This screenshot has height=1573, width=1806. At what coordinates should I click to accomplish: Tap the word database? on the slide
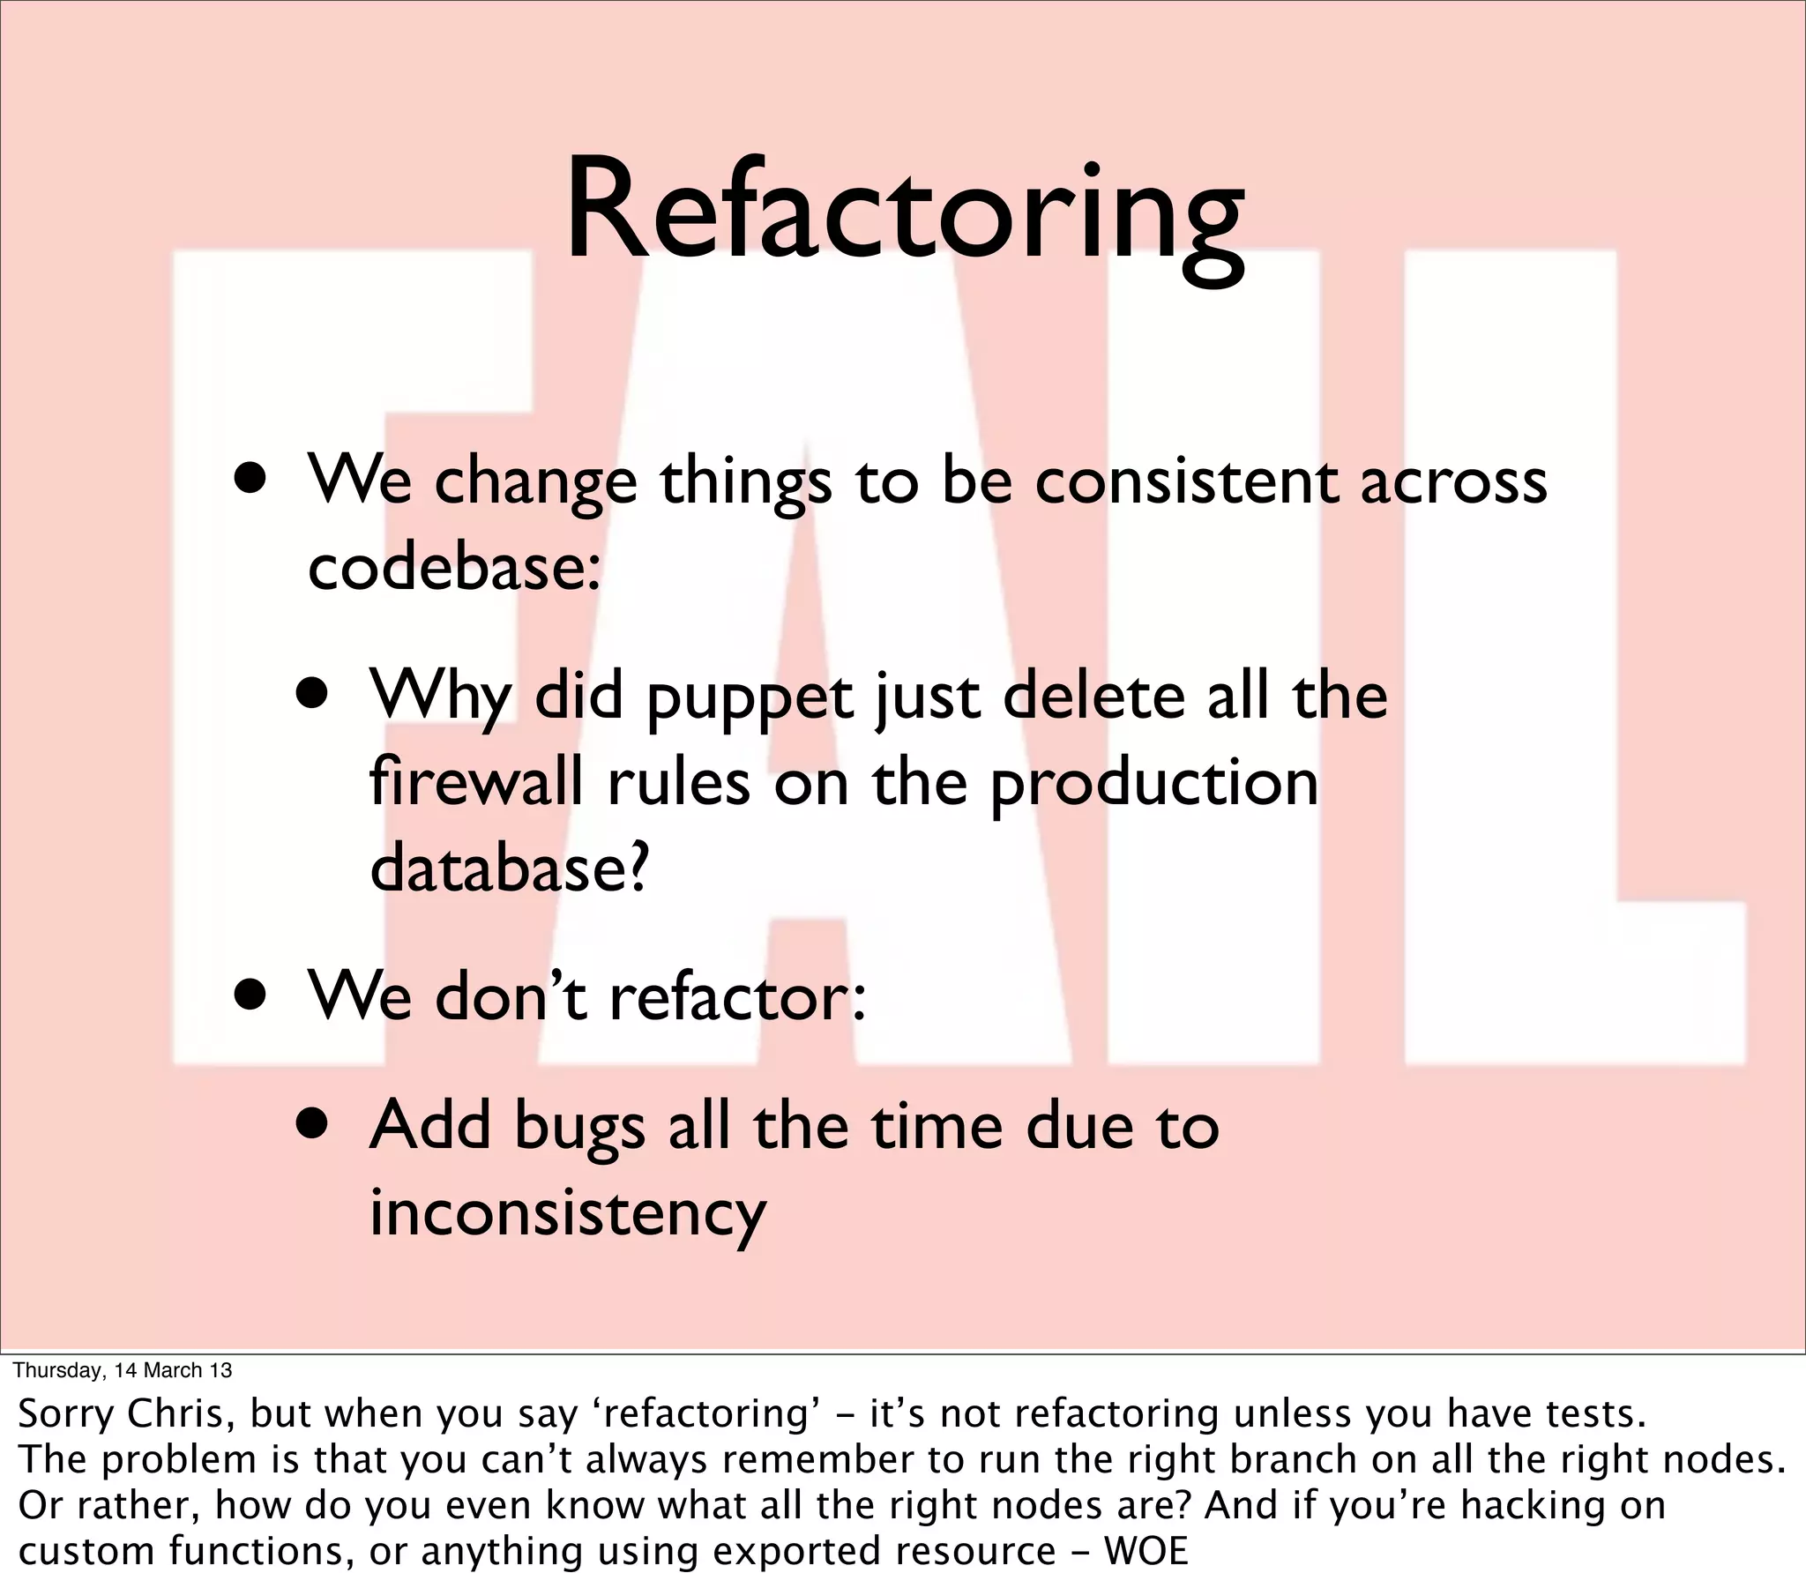click(509, 868)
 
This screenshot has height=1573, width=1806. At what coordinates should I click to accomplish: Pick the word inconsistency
click(567, 1213)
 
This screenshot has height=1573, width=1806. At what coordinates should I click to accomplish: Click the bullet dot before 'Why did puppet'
click(314, 694)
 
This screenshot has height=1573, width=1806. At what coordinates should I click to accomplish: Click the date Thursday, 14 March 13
click(123, 1369)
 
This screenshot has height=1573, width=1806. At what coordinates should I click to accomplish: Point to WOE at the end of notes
click(1146, 1551)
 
